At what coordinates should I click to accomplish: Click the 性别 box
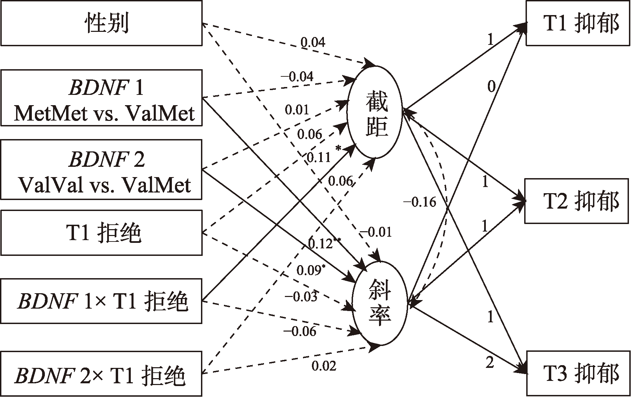pyautogui.click(x=101, y=23)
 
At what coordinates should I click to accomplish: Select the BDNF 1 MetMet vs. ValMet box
pyautogui.click(x=101, y=98)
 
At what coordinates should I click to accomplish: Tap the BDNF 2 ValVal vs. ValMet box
pyautogui.click(x=101, y=169)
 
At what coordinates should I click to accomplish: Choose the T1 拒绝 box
pyautogui.click(x=101, y=233)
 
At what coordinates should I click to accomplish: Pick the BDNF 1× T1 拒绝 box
pyautogui.click(x=101, y=301)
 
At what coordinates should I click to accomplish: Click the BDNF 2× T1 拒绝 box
pyautogui.click(x=101, y=373)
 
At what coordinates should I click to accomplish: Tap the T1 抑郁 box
pyautogui.click(x=578, y=23)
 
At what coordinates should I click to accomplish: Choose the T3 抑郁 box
pyautogui.click(x=578, y=373)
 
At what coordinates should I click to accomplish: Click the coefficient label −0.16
pyautogui.click(x=420, y=202)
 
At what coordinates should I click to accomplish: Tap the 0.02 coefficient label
pyautogui.click(x=324, y=366)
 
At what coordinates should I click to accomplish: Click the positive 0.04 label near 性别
pyautogui.click(x=313, y=42)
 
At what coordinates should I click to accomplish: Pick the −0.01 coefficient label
pyautogui.click(x=376, y=232)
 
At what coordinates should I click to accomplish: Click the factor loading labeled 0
pyautogui.click(x=491, y=87)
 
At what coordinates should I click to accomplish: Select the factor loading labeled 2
pyautogui.click(x=490, y=363)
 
